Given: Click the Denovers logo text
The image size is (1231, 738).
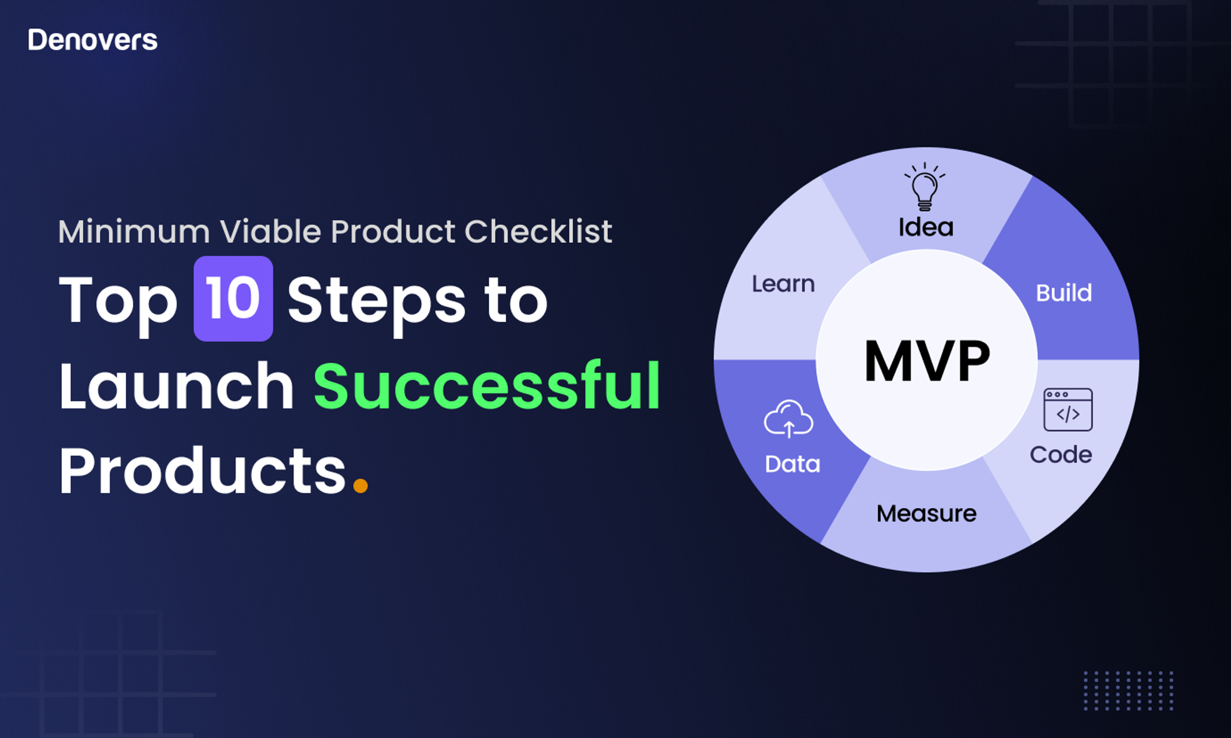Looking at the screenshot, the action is coord(93,40).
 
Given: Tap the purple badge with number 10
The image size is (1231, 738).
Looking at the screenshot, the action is coord(233,299).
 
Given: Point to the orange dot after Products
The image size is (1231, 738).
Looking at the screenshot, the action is coord(360,485).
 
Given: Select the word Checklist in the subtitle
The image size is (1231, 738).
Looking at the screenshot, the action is coord(538,231).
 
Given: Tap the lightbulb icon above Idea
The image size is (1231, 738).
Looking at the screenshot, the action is coord(925,186).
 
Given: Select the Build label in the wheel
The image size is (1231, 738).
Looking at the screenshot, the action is coord(1064,293).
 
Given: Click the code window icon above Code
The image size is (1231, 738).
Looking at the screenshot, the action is coord(1068,410).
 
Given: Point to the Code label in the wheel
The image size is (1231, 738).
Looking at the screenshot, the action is coord(1061,455).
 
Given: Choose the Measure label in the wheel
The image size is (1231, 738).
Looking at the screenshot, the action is coord(926,514).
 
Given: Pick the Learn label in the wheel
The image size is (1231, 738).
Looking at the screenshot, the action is coord(783,284).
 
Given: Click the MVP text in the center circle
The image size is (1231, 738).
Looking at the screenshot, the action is coord(927,362).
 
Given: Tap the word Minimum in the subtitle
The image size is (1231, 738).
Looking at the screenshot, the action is coord(134,231).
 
